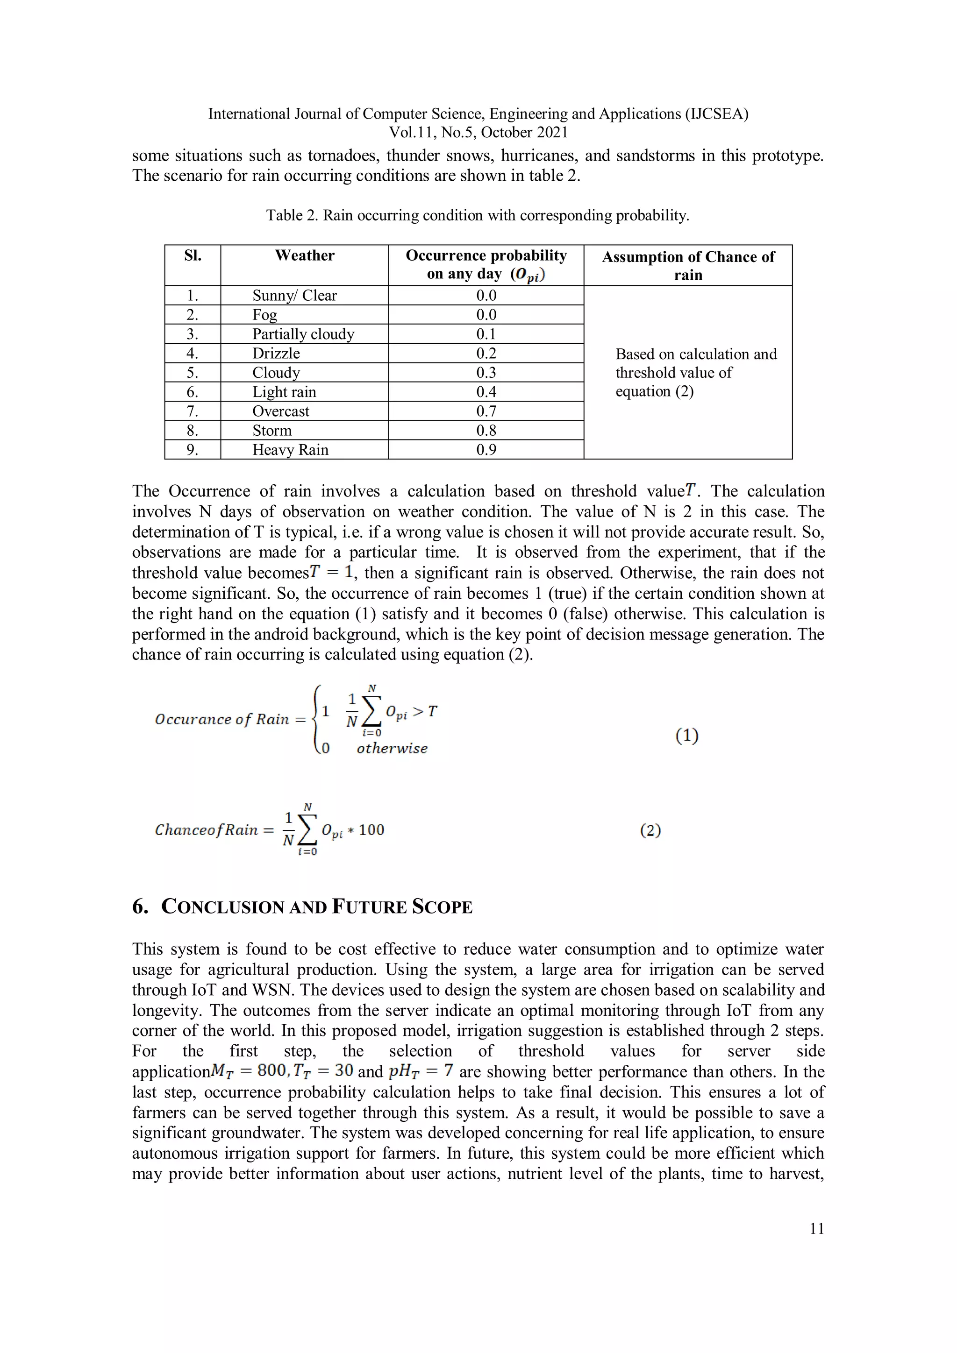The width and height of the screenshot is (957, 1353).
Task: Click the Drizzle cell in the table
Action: point(276,353)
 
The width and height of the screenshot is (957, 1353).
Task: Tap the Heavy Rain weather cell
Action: point(290,450)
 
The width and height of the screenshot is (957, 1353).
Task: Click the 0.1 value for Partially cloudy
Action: point(486,333)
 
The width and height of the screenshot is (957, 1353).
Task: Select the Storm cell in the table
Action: point(272,430)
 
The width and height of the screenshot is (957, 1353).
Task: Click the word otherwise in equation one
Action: point(392,748)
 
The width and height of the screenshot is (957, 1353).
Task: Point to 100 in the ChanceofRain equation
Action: point(371,830)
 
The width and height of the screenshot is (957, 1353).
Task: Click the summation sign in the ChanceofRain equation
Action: point(307,830)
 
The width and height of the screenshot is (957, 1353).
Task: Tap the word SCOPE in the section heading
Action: point(442,907)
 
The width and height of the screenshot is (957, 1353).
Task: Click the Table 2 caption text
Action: point(477,215)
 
